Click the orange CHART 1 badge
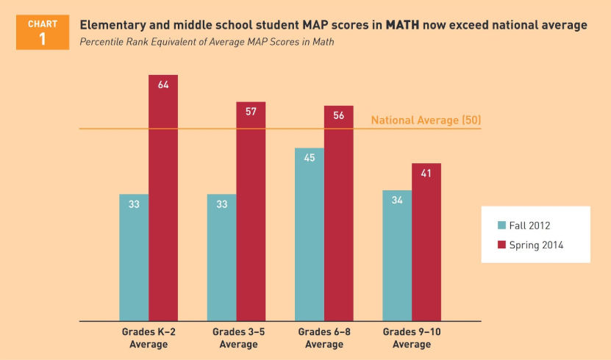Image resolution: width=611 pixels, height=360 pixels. pyautogui.click(x=42, y=32)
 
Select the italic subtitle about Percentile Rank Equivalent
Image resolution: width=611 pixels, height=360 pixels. pyautogui.click(x=207, y=42)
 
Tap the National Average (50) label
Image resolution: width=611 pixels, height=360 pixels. pyautogui.click(x=426, y=120)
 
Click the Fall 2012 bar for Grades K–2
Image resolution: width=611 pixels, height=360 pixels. pyautogui.click(x=134, y=257)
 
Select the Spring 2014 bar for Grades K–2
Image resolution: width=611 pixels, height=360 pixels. pyautogui.click(x=163, y=198)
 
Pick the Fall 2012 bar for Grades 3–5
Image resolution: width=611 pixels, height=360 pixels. pyautogui.click(x=221, y=257)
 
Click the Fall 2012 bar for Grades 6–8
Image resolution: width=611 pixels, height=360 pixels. pyautogui.click(x=310, y=234)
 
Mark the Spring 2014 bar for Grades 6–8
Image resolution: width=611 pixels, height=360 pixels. pyautogui.click(x=339, y=213)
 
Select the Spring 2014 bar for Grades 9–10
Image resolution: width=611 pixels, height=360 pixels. pyautogui.click(x=426, y=242)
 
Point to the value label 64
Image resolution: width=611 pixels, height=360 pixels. pyautogui.click(x=163, y=85)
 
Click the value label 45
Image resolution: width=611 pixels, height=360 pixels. pyautogui.click(x=310, y=158)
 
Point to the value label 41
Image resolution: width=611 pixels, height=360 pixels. pyautogui.click(x=426, y=173)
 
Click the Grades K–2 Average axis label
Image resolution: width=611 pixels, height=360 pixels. pyautogui.click(x=149, y=338)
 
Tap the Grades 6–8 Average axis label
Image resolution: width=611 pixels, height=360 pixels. pyautogui.click(x=324, y=338)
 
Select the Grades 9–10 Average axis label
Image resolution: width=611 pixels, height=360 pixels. pyautogui.click(x=412, y=338)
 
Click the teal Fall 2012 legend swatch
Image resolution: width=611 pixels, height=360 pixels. pyautogui.click(x=502, y=226)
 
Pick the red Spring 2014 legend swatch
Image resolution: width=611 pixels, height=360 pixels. pyautogui.click(x=502, y=245)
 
